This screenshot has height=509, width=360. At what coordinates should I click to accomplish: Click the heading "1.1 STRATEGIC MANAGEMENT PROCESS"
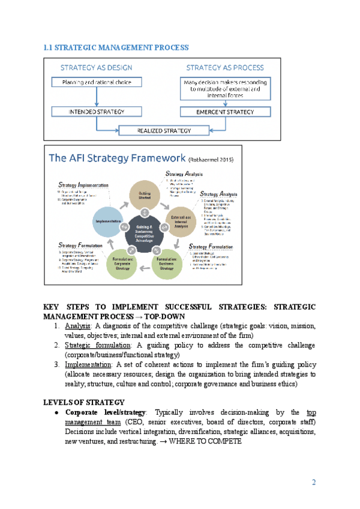(116, 47)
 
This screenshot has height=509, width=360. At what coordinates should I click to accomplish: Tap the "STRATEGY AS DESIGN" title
(96, 68)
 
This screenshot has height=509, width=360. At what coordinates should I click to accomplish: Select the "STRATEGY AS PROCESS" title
(224, 68)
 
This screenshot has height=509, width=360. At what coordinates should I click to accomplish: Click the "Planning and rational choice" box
(97, 82)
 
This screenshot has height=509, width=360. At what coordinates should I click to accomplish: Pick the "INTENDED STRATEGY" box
(97, 112)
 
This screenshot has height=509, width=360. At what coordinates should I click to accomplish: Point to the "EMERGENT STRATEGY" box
(224, 112)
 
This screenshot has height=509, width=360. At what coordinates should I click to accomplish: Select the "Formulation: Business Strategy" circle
(166, 262)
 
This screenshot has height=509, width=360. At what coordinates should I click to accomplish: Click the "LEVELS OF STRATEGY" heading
(85, 402)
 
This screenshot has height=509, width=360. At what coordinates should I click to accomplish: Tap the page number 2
(314, 483)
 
